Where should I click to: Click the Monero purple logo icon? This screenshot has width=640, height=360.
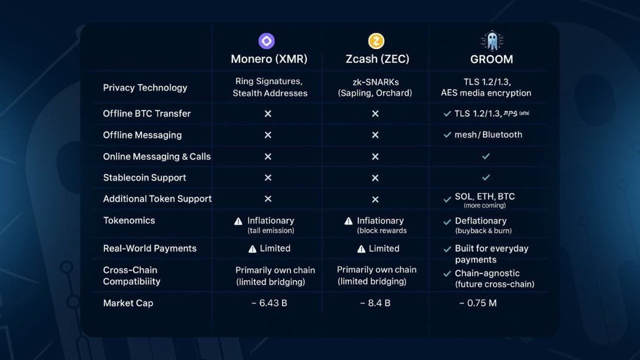(x=267, y=41)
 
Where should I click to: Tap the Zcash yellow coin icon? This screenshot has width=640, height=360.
(x=376, y=41)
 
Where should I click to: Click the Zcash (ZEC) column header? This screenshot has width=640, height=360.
(x=378, y=59)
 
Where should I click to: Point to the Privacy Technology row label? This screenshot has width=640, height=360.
(x=145, y=87)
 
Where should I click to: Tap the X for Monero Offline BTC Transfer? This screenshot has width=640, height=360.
(x=268, y=114)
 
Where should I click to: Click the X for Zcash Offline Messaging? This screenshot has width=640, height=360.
(x=375, y=135)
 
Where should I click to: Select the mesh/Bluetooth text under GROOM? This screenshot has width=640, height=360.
(x=488, y=135)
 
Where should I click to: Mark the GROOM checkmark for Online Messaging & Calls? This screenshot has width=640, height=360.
(x=486, y=156)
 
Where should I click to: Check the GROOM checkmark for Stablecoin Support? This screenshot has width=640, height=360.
(x=486, y=178)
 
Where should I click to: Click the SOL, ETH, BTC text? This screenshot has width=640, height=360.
(x=485, y=197)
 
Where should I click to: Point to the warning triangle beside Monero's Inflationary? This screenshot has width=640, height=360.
(x=238, y=221)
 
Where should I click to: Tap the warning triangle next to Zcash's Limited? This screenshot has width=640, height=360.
(x=361, y=249)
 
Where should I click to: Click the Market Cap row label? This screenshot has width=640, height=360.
(x=128, y=303)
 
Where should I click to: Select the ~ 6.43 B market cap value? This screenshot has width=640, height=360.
(x=269, y=303)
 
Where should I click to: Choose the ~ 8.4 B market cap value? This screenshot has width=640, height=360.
(x=375, y=303)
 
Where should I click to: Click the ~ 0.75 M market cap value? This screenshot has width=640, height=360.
(x=477, y=303)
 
